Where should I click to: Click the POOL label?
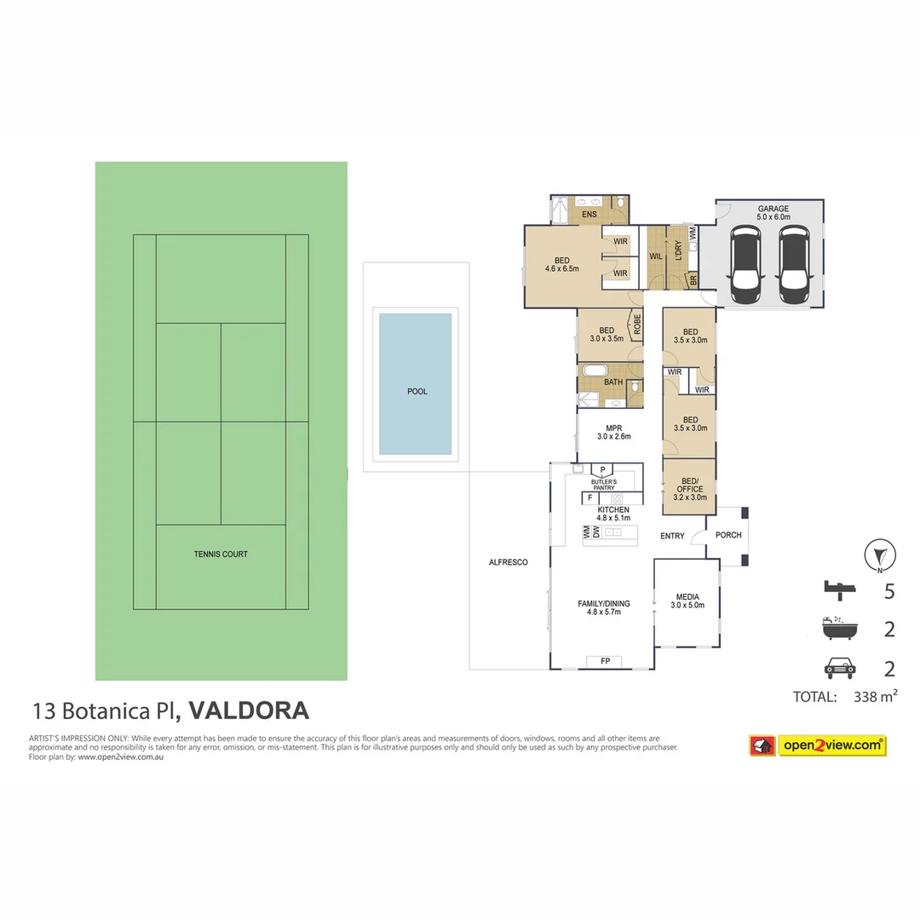point(417,392)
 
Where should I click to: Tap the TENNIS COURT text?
point(220,555)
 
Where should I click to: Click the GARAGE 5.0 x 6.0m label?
point(773,213)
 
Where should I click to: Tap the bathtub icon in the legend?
point(839,629)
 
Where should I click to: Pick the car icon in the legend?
point(840,668)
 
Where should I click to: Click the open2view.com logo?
point(817,745)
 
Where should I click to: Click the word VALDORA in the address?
point(249,710)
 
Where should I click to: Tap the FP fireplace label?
point(605,661)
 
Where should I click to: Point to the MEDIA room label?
point(687,601)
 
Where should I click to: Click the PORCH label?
point(727,535)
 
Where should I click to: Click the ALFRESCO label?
point(509,562)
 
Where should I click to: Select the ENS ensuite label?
point(589,215)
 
